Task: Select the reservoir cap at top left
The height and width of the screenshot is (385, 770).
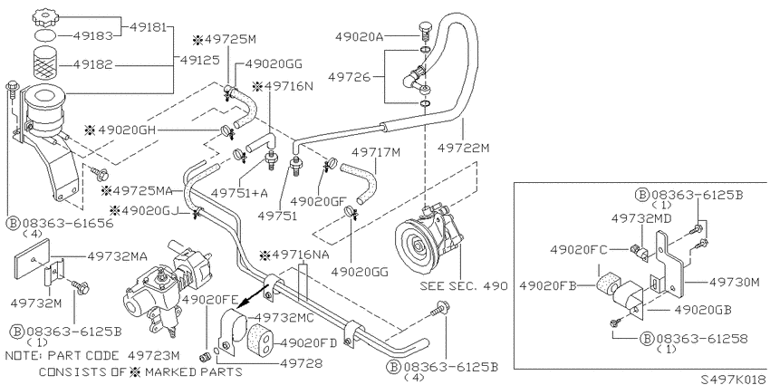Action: click(x=45, y=18)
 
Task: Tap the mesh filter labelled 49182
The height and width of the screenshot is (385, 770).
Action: click(x=45, y=63)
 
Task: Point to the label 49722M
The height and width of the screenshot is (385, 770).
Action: click(x=463, y=147)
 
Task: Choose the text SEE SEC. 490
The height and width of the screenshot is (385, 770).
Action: click(x=463, y=286)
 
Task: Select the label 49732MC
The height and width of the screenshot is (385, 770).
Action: click(x=284, y=318)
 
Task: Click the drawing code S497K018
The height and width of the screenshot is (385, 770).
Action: click(x=734, y=379)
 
